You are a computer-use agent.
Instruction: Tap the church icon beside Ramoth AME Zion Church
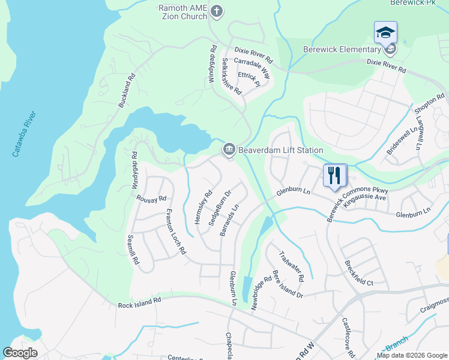pos(217,10)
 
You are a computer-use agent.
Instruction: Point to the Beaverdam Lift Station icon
pos(229,150)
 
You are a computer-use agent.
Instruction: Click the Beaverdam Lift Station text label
pos(281,150)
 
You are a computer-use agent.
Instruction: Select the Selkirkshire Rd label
pos(231,76)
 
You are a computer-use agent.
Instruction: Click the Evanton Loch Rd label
pos(175,232)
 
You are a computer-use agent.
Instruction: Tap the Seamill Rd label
pos(133,250)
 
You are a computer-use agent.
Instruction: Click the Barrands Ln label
pos(229,220)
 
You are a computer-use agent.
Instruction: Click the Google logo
pos(20,353)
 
